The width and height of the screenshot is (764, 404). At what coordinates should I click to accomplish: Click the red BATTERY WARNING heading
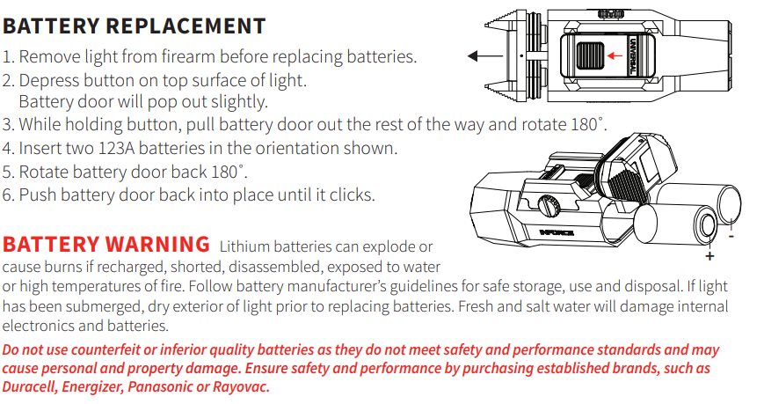(106, 244)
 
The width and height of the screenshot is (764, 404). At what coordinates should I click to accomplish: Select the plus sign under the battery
(709, 257)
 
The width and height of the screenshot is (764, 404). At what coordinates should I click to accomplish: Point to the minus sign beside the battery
(731, 236)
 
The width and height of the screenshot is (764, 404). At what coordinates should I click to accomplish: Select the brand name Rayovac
(238, 387)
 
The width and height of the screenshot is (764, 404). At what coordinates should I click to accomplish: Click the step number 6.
(8, 195)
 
